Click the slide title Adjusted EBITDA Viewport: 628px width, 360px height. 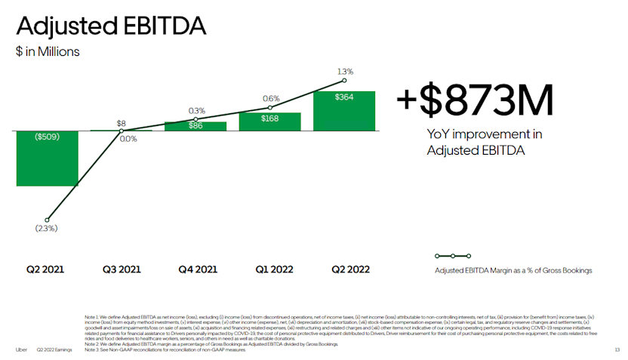111,26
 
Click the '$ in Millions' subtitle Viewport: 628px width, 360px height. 48,52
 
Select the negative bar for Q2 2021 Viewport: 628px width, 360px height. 47,158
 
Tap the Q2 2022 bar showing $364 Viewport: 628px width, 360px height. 344,110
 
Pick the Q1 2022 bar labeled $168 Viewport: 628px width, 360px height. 270,122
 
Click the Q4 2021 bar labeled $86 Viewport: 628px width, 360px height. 195,126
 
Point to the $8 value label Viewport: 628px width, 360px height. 122,122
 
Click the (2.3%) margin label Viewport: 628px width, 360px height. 46,228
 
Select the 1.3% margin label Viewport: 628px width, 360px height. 344,71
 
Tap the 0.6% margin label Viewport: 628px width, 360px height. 271,98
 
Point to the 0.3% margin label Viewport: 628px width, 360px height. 196,111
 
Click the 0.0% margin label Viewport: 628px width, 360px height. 128,139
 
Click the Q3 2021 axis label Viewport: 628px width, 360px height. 122,269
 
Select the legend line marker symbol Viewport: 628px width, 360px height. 453,257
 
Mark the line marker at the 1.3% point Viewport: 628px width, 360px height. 344,81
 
